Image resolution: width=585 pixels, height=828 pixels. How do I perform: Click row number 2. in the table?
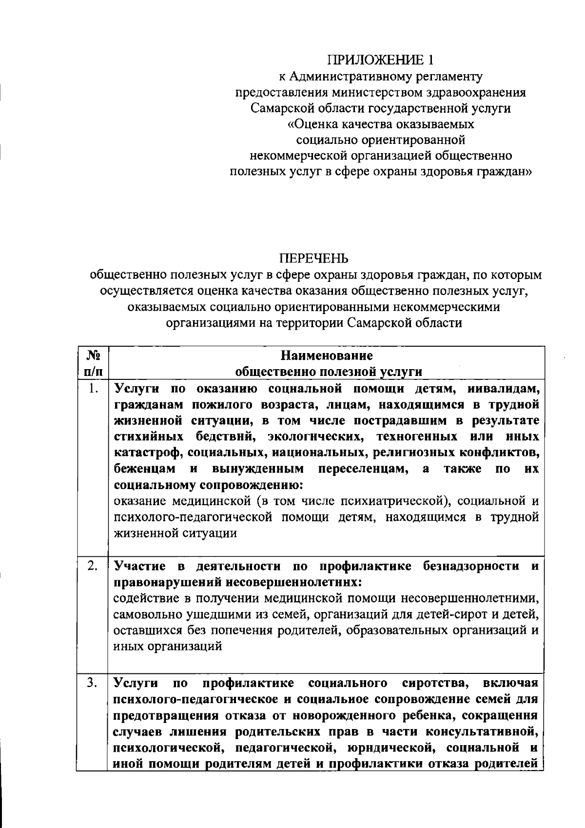(x=93, y=566)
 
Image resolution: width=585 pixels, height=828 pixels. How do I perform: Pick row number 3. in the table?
(x=93, y=682)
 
